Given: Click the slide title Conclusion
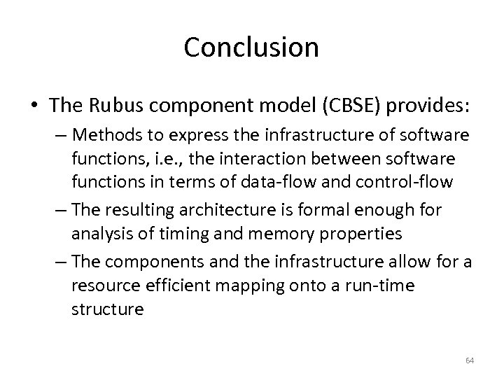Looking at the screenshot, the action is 251,48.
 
